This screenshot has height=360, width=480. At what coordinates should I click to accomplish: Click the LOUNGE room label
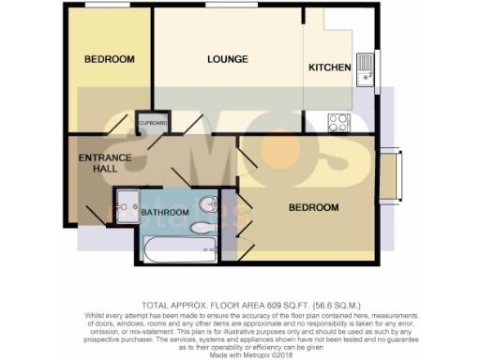pos(228,59)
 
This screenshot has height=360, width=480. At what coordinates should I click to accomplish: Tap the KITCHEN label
pos(330,68)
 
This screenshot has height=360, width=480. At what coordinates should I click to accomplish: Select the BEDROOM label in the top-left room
pos(110,59)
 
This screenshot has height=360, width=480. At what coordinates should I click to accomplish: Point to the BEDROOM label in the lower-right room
pos(313,206)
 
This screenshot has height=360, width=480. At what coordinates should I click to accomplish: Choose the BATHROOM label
pos(165,213)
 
